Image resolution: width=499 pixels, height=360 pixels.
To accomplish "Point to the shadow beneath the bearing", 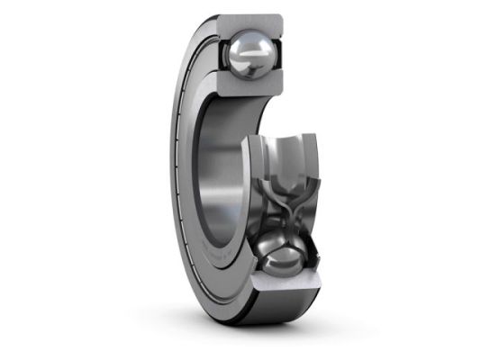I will click(x=252, y=337).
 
